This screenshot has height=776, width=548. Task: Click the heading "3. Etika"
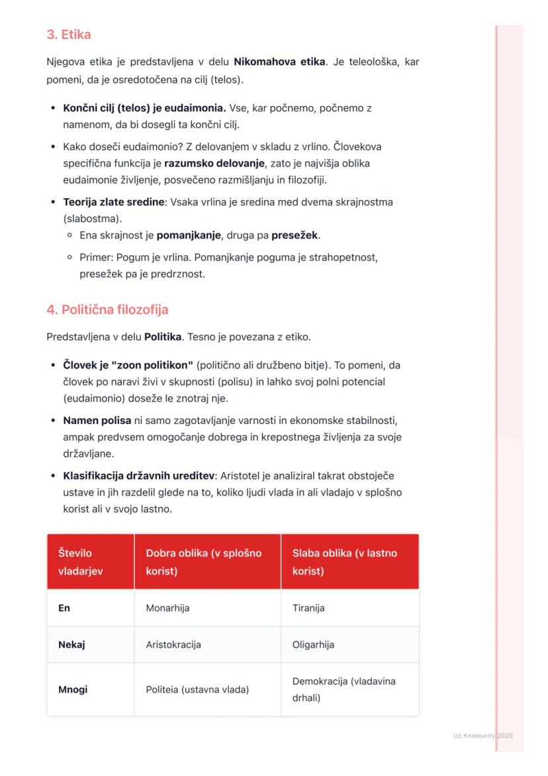pos(69,34)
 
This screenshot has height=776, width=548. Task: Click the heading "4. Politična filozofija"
pos(107,309)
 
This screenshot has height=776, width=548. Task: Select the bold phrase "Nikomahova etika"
pos(279,62)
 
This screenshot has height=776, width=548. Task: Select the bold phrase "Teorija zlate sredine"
pos(113,202)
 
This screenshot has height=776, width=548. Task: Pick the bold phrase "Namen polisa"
pos(97,421)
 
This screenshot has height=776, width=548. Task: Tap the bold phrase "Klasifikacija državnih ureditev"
pos(138,476)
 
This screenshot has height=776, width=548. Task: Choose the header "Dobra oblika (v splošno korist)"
pos(204,561)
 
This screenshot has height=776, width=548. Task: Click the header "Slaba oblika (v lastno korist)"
pos(345,561)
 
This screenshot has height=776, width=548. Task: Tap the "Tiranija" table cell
pos(308,608)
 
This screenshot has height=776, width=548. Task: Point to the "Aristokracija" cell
pos(173,644)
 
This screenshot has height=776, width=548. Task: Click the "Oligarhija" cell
pos(313,644)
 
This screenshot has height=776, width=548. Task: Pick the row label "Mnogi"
pos(73,689)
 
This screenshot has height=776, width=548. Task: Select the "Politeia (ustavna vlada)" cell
pos(197,689)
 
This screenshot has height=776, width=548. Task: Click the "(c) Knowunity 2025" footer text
pos(483,736)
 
